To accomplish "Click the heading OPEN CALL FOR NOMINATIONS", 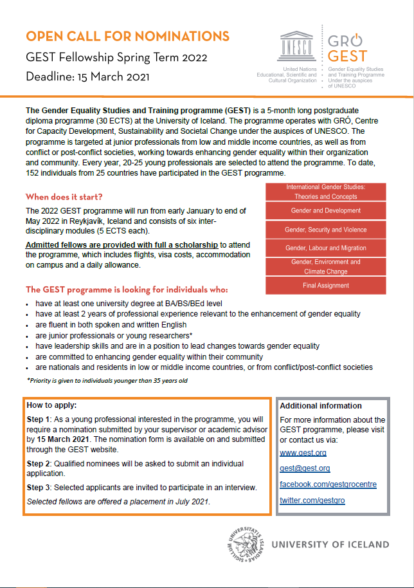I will [127, 35].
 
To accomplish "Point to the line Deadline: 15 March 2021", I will [87, 78].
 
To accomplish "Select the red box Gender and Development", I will [325, 210].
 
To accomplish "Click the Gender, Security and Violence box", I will [325, 230].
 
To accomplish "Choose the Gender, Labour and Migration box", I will [325, 248].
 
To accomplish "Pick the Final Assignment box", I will [325, 285].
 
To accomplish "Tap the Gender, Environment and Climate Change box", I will [325, 267].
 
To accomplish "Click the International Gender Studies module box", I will [325, 192].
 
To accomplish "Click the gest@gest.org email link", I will [305, 468].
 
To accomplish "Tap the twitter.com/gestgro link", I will [312, 501].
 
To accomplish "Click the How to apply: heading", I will [51, 405].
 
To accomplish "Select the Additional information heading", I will [321, 406].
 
